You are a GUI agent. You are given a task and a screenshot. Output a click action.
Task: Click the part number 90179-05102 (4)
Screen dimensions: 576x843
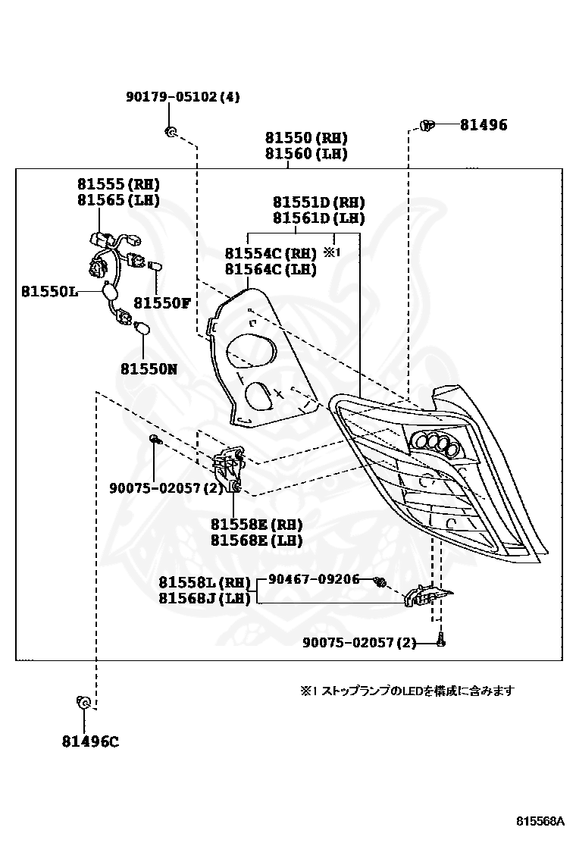183,97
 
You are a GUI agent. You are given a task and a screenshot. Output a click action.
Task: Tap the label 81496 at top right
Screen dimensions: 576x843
484,125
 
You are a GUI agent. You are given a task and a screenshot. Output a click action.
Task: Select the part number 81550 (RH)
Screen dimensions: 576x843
306,138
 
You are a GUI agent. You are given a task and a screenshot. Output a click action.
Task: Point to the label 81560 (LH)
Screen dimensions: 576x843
306,154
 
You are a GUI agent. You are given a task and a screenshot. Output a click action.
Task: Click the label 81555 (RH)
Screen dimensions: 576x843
119,184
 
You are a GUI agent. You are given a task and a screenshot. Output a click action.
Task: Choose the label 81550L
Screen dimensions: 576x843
49,291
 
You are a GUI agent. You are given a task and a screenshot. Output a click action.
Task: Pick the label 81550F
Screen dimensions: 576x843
162,303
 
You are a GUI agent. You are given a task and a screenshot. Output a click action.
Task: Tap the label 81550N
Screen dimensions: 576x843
149,368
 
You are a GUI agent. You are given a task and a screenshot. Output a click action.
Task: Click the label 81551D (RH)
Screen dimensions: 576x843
318,202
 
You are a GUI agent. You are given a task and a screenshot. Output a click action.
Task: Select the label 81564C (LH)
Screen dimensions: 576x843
271,269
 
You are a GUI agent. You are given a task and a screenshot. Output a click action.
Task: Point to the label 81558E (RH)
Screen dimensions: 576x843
256,524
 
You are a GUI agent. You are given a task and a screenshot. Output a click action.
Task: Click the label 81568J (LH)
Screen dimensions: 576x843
205,598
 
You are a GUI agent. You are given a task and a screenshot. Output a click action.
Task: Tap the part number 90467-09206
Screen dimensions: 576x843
315,579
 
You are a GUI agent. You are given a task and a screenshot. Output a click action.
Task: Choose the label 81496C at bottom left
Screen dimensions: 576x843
90,741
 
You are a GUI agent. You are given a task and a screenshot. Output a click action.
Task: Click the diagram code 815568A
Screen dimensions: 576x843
540,821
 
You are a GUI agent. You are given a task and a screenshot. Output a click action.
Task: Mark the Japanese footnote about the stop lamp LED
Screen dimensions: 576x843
407,691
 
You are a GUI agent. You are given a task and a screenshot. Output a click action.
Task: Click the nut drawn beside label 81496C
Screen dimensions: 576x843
84,702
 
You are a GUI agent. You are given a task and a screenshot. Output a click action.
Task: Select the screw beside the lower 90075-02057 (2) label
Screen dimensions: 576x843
440,641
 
